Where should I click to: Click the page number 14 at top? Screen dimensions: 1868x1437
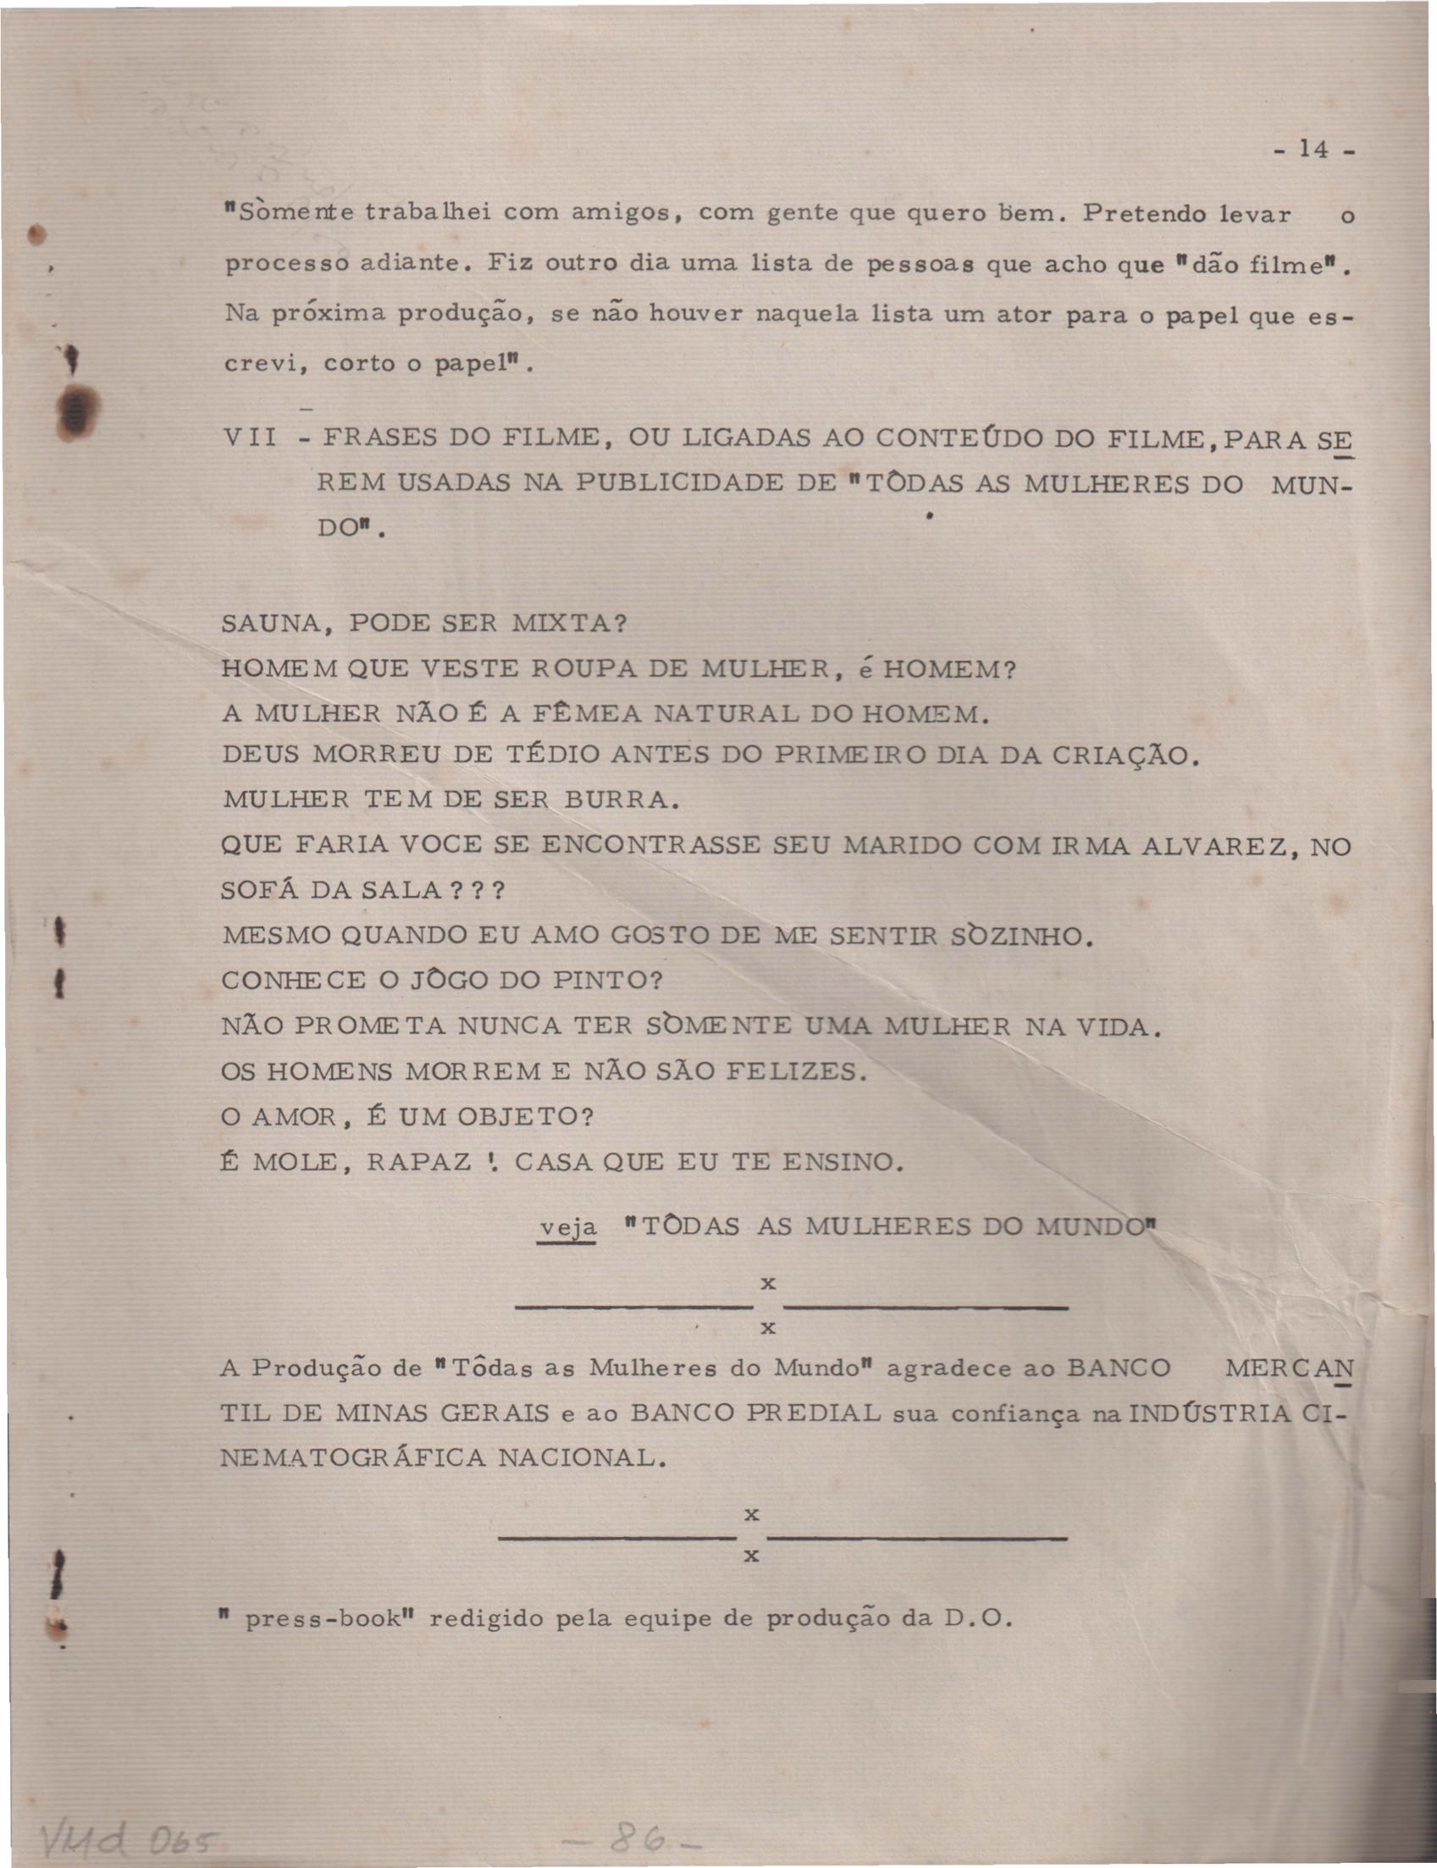pos(1309,150)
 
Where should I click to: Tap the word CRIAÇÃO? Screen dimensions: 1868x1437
pos(1119,755)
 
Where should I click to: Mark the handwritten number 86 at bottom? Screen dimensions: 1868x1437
pos(633,1839)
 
